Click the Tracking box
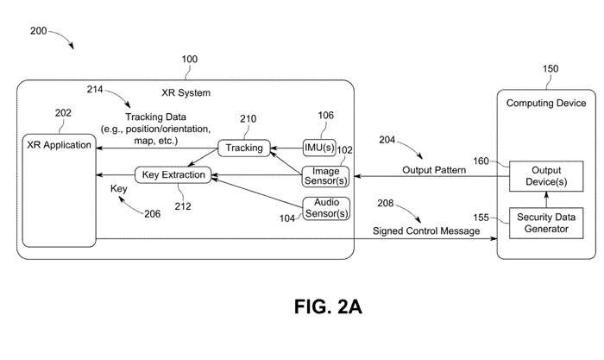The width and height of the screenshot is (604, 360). click(244, 148)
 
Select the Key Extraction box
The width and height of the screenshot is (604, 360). click(173, 175)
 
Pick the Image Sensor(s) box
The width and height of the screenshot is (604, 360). click(325, 176)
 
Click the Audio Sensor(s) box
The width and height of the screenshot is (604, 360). click(325, 208)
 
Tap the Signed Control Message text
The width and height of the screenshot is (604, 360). click(425, 231)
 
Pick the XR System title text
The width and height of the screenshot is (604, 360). click(186, 92)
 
